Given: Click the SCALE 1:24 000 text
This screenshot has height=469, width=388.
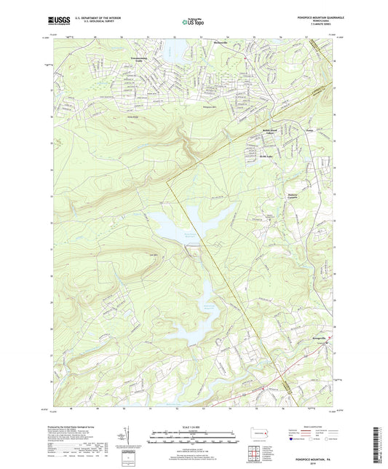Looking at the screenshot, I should (194, 426).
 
